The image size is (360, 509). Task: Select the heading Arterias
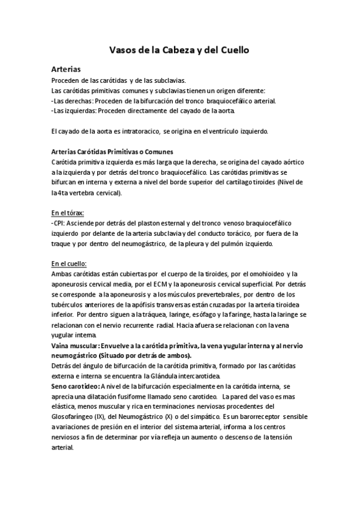(66, 69)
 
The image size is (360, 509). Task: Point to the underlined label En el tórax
(68, 212)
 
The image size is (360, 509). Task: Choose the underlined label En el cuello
(69, 264)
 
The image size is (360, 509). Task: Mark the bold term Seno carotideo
(75, 385)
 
